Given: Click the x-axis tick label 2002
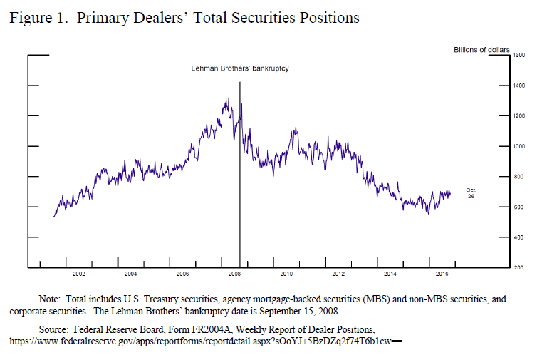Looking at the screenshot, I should [x=78, y=274].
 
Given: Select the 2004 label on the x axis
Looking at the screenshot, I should [x=130, y=274].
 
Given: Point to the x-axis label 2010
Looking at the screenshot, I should [x=286, y=274].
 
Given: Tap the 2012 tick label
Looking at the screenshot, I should [x=338, y=274].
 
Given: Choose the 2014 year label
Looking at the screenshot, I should [x=390, y=274].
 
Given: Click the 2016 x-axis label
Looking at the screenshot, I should [x=442, y=274].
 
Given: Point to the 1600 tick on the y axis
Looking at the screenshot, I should [x=519, y=55].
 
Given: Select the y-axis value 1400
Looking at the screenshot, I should [x=519, y=86].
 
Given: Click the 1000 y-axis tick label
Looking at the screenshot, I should [x=519, y=146].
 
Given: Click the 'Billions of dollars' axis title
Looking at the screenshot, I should [x=481, y=49].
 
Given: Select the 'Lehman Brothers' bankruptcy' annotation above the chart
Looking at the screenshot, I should [x=239, y=68].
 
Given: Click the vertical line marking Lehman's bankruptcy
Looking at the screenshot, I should [x=240, y=178].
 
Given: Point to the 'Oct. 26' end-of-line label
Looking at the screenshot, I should [x=471, y=192].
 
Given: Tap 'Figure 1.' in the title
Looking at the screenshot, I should [x=33, y=18].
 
